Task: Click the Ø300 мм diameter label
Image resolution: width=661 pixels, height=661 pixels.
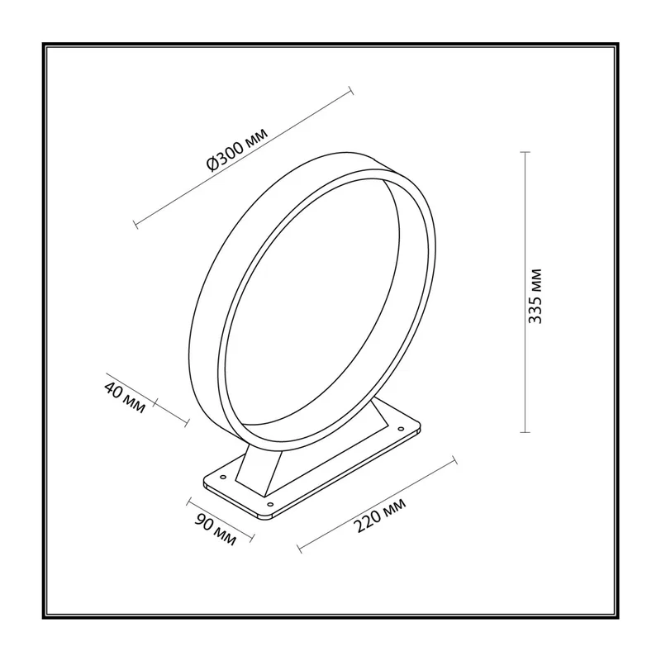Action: (x=237, y=150)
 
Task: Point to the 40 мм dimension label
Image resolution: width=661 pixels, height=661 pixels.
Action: (x=125, y=397)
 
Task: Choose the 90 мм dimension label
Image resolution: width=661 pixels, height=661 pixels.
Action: (x=215, y=530)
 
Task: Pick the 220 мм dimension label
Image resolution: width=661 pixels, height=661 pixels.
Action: (x=379, y=515)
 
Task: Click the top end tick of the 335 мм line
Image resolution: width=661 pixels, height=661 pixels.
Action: (x=525, y=152)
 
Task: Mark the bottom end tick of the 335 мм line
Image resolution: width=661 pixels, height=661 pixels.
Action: (x=525, y=432)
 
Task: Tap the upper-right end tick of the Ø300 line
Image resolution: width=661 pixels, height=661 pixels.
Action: (x=350, y=91)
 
